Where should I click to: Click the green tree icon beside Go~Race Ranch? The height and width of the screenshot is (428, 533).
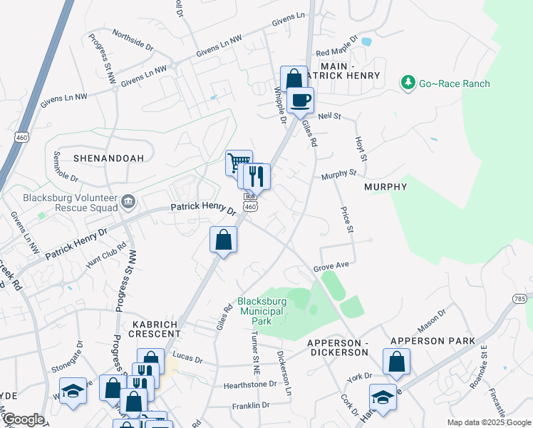[x=408, y=83]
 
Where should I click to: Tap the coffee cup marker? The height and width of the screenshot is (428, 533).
[x=301, y=100]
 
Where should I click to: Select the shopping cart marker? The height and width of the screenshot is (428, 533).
[x=239, y=163]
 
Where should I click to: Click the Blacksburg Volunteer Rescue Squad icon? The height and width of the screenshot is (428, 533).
[x=128, y=202]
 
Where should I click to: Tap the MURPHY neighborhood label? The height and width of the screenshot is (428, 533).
[x=385, y=187]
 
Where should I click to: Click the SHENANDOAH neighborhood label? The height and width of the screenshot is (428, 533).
[x=108, y=157]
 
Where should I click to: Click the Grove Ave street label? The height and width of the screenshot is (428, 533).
[x=331, y=265]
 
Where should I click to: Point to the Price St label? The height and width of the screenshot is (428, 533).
[x=347, y=220]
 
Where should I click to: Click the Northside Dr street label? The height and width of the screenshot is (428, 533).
[x=133, y=38]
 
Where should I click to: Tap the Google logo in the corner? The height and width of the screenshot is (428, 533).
[x=23, y=419]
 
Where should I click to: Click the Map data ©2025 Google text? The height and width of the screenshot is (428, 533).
[x=488, y=422]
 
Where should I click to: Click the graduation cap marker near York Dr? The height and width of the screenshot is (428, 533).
[x=383, y=397]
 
